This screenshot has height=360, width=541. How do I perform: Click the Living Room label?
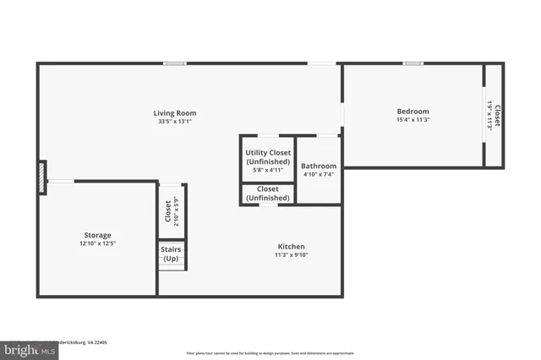174,112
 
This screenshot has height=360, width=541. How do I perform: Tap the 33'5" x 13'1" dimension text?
174,122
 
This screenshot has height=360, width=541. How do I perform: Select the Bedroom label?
413,111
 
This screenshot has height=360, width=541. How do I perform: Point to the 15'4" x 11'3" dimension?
413,120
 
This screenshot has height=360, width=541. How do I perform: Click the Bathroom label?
319,166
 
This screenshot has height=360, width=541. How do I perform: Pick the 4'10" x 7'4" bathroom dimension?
319,175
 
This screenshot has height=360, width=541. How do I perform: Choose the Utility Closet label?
268,153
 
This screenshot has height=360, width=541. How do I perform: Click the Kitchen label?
292,245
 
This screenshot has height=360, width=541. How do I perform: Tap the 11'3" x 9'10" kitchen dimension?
292,254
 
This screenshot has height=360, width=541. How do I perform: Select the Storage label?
97,235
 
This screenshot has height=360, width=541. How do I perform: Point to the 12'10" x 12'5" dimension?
97,244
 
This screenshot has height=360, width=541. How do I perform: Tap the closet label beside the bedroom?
497,116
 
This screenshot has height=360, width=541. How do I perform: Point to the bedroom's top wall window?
413,63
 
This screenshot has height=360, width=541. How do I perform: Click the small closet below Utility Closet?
268,194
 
